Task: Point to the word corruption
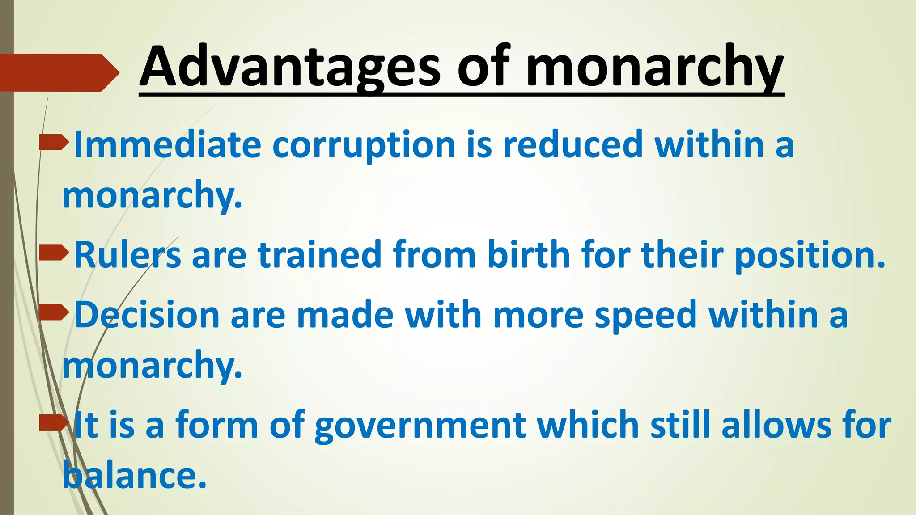[x=364, y=145]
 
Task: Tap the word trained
[x=319, y=255]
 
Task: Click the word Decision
[x=147, y=315]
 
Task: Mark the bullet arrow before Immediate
[x=54, y=143]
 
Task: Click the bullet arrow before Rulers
[x=54, y=253]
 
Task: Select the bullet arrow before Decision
[x=54, y=313]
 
